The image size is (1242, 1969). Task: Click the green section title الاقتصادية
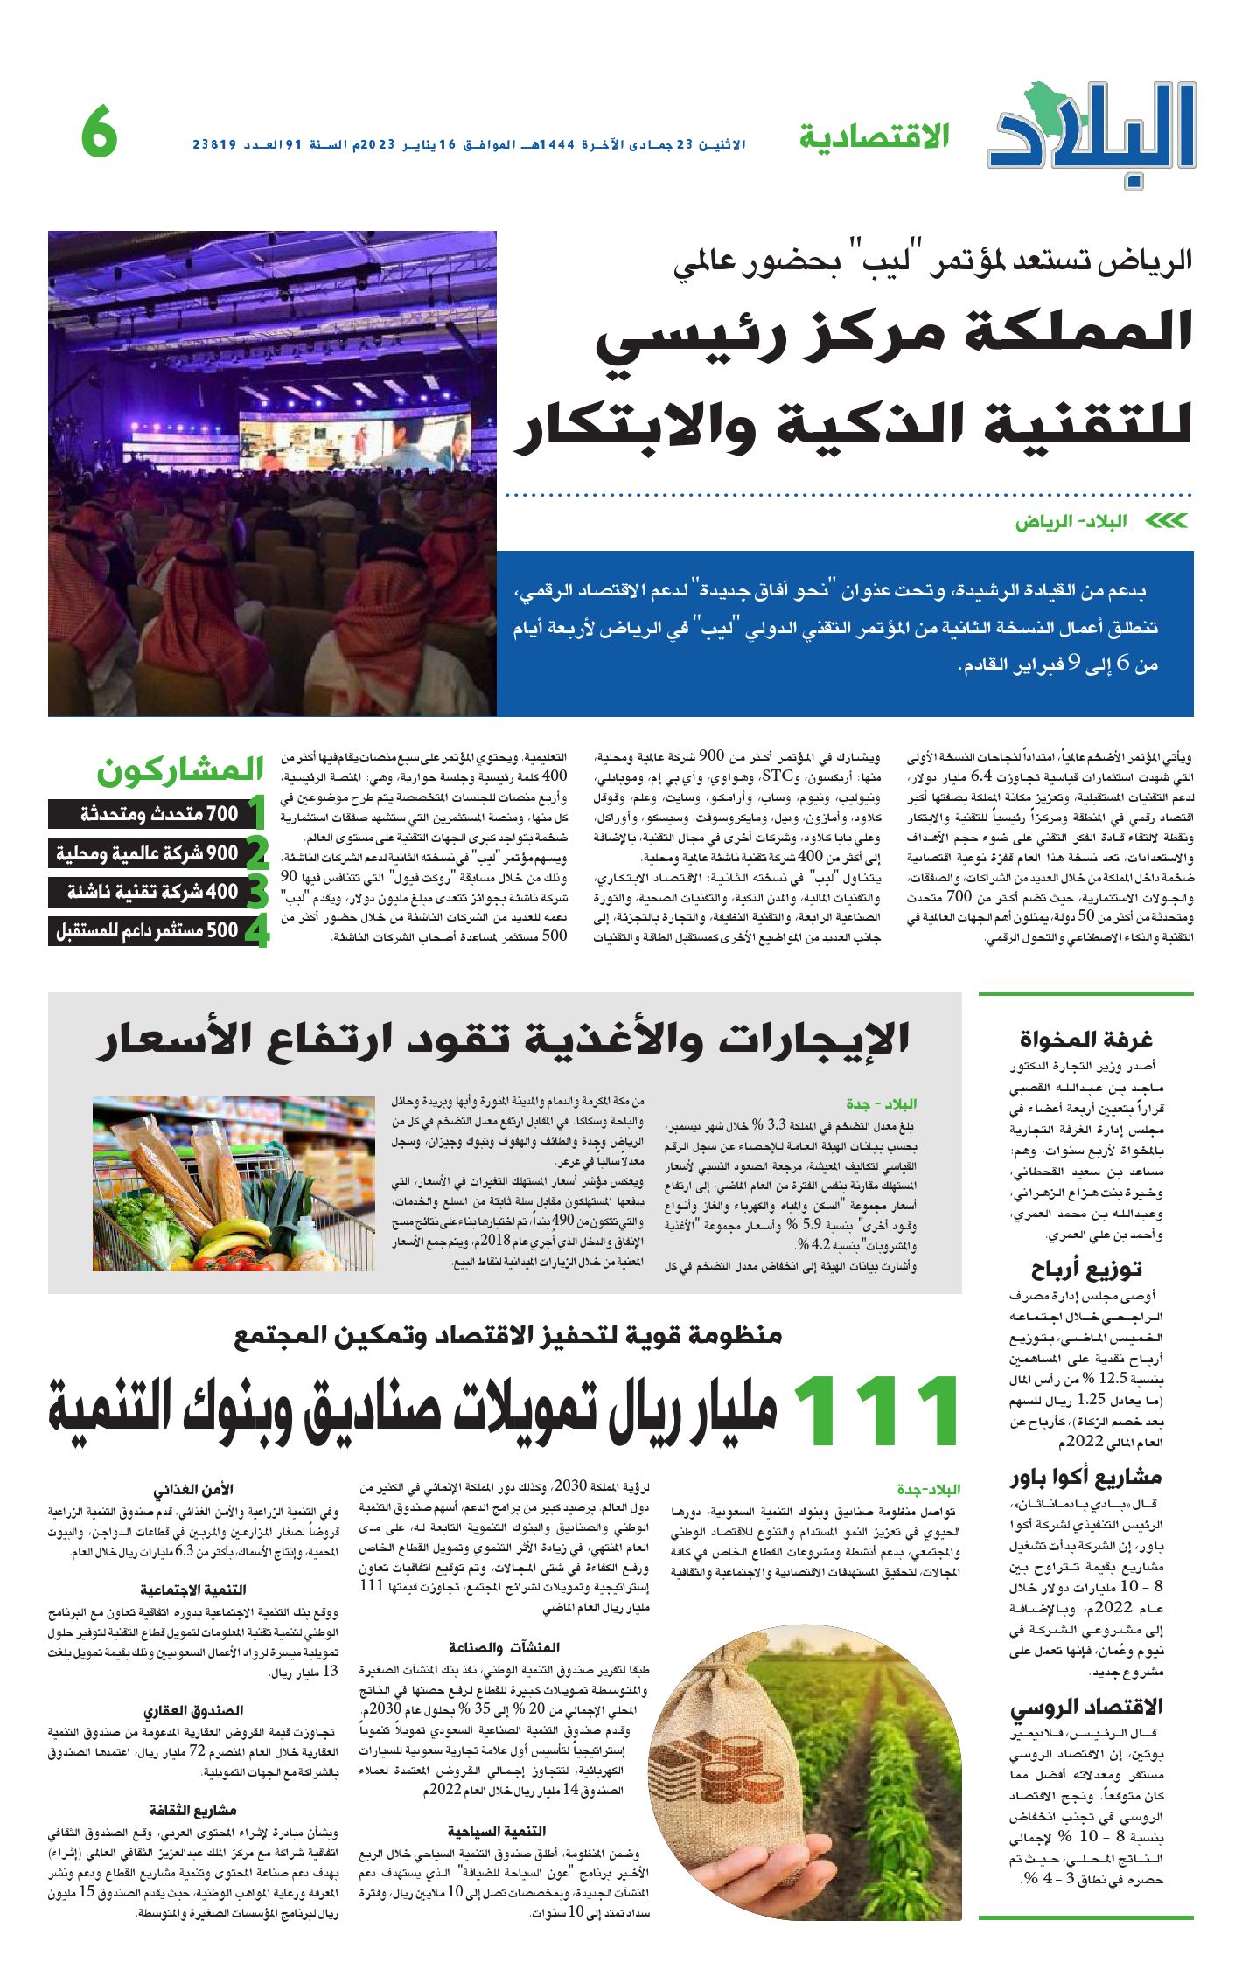click(874, 137)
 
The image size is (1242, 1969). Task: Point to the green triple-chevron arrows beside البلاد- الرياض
click(1166, 522)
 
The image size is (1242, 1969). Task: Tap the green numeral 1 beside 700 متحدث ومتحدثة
click(256, 812)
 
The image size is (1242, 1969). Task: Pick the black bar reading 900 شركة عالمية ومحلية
click(145, 852)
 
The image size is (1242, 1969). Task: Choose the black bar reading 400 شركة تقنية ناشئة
click(145, 892)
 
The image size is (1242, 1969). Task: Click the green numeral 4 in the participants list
click(256, 932)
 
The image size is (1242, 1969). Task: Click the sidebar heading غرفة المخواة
click(1085, 1039)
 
